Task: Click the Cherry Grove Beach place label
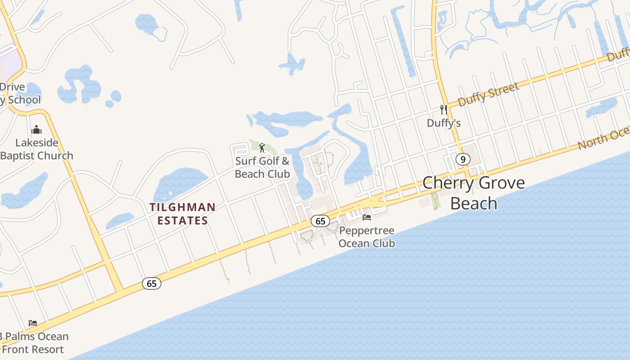pos(473,193)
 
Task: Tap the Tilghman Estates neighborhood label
pos(182,214)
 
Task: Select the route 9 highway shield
pos(463,159)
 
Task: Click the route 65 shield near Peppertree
pos(320,221)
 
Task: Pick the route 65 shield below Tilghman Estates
pos(152,283)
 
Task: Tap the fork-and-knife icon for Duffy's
pos(444,109)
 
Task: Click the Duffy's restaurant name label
pos(444,123)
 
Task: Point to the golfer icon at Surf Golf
pos(262,147)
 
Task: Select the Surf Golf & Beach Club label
pos(262,167)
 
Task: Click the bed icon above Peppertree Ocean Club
pos(367,217)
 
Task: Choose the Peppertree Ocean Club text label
pos(366,237)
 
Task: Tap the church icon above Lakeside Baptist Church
pos(36,130)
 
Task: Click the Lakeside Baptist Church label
pos(37,149)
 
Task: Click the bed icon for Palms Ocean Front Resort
pos(33,323)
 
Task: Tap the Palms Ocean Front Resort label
pos(34,343)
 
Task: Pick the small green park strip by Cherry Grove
pos(435,201)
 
